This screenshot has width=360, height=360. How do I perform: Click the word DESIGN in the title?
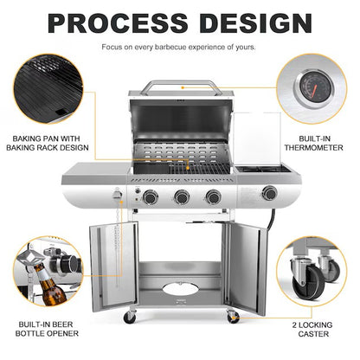(x=251, y=22)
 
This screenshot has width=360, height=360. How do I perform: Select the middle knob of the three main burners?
(x=182, y=197)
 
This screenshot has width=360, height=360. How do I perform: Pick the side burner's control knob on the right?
(x=270, y=193)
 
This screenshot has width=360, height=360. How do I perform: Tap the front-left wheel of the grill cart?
(x=131, y=318)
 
